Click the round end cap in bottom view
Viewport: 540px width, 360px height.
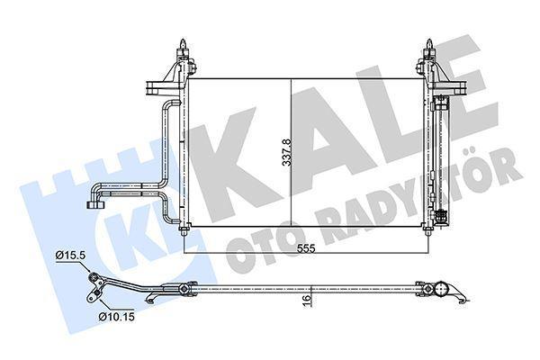click(x=442, y=290)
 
